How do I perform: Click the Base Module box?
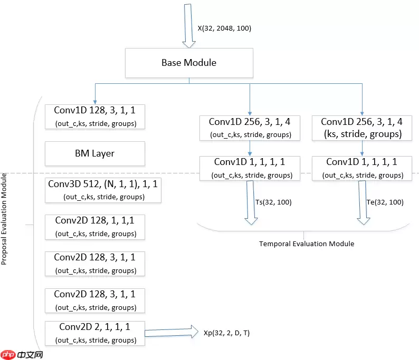[x=189, y=63]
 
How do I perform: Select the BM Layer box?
[x=94, y=153]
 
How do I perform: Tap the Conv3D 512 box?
[x=103, y=190]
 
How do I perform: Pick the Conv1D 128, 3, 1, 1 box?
[x=94, y=117]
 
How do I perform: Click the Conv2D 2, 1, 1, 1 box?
[x=94, y=333]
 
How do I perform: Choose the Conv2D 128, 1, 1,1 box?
[x=94, y=227]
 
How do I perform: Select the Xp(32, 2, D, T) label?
[x=227, y=333]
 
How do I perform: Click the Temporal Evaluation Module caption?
[x=307, y=244]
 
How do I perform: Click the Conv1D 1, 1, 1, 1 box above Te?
[x=361, y=168]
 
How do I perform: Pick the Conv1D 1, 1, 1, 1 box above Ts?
[x=250, y=168]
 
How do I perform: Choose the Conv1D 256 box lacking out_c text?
[x=361, y=128]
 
